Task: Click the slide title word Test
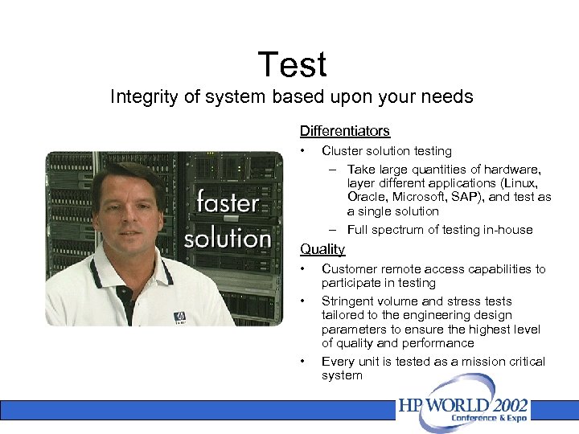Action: (293, 64)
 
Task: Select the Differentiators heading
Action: (344, 130)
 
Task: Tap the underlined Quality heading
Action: (322, 249)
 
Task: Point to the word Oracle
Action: (367, 197)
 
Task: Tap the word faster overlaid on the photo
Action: (228, 202)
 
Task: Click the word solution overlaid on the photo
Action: (228, 239)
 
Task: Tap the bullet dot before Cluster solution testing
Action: (303, 151)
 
